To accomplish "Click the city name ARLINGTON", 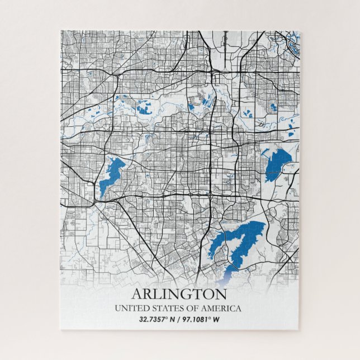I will coord(179,294).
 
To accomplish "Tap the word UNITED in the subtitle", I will coord(129,309).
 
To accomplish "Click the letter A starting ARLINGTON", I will coord(138,294).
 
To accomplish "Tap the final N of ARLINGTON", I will coord(221,294).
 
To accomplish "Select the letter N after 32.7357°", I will coord(173,320).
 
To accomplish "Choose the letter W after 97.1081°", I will coord(216,320).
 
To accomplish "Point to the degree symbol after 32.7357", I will coord(167,318).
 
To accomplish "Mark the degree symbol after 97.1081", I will coord(210,318).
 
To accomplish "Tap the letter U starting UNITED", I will coord(117,309).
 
